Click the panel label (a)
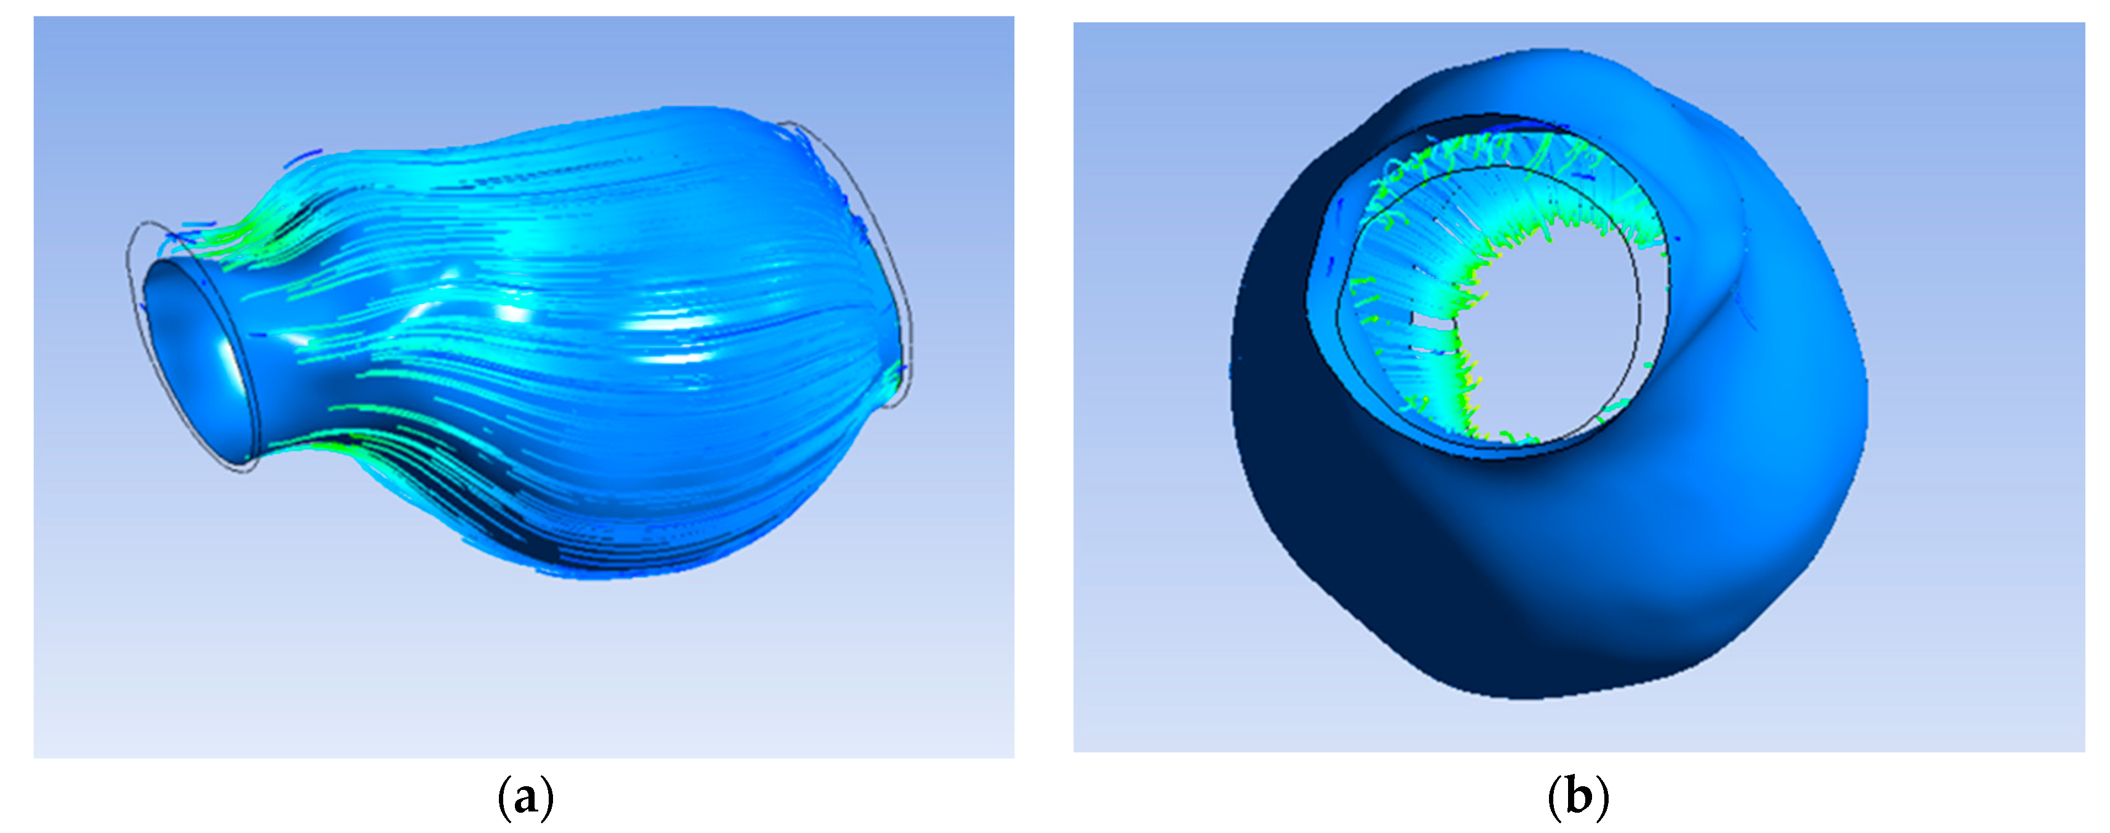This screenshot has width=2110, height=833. coord(525,797)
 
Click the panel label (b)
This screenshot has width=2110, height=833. coord(1579,797)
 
